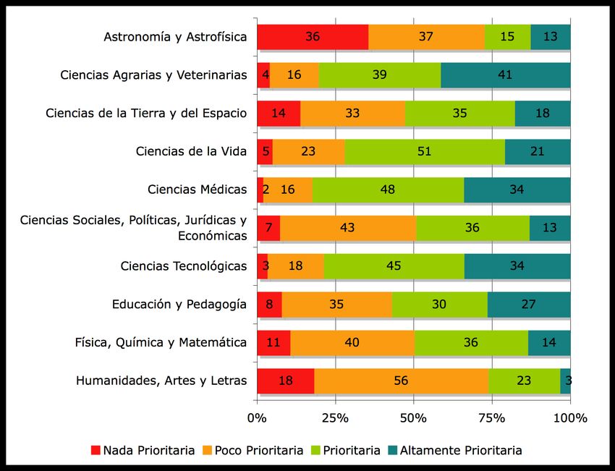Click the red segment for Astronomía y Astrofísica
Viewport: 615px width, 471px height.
click(x=313, y=37)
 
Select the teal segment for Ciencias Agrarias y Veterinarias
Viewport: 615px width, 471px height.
click(x=505, y=75)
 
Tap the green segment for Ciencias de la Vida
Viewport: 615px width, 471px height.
click(x=425, y=152)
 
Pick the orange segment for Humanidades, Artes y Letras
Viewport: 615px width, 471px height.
click(x=401, y=381)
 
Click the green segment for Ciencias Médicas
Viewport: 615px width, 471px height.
click(x=388, y=190)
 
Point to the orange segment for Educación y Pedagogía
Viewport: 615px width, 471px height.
click(x=336, y=304)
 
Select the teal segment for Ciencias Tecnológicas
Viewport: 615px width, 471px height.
click(x=517, y=266)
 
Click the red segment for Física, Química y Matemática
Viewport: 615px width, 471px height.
click(x=273, y=342)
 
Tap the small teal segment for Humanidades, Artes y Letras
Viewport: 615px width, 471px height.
click(x=566, y=381)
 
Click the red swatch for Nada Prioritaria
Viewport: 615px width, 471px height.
click(x=96, y=450)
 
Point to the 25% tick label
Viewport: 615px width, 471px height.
click(x=335, y=418)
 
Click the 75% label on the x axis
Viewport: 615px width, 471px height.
click(x=492, y=418)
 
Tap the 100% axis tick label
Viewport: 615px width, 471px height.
click(x=569, y=418)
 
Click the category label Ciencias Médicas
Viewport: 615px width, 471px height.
click(x=197, y=190)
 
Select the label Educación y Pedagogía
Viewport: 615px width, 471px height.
click(x=179, y=304)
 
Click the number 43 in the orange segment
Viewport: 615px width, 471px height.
click(x=347, y=228)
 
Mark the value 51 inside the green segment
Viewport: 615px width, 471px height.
click(x=425, y=152)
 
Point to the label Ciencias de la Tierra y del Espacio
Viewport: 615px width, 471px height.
click(x=146, y=114)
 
